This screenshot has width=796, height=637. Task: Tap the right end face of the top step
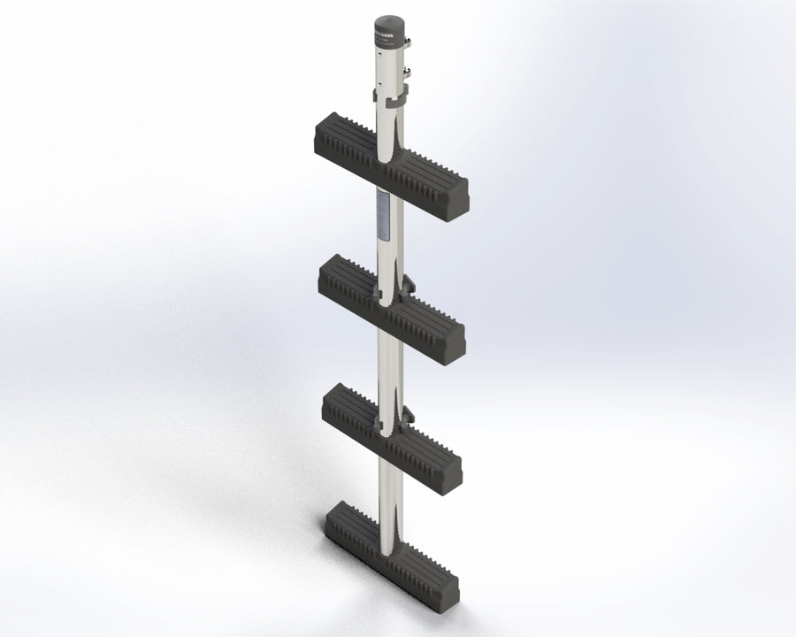(459, 199)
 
